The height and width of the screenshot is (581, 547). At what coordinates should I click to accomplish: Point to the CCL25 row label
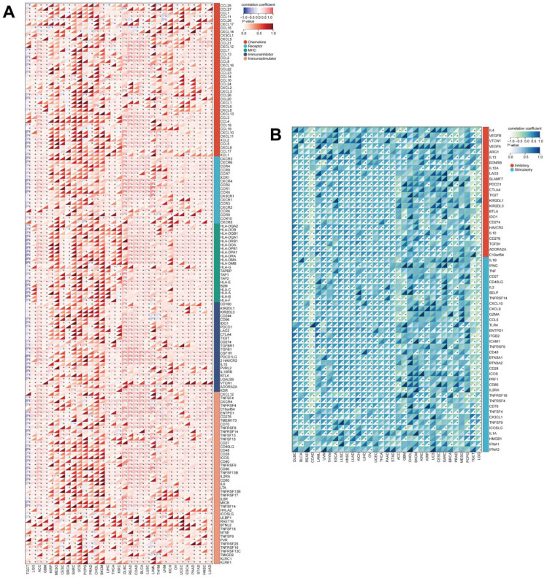click(226, 5)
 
